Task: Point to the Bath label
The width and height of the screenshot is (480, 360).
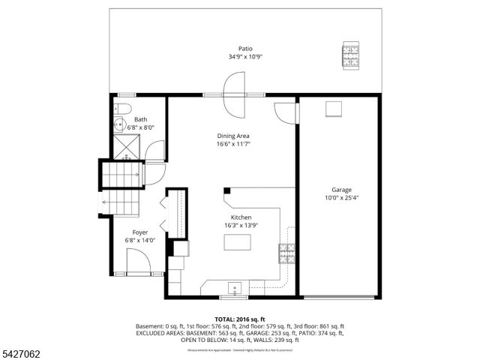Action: pyautogui.click(x=140, y=119)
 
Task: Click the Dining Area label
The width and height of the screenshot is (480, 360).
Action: pyautogui.click(x=232, y=136)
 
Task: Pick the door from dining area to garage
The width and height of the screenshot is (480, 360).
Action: pyautogui.click(x=287, y=112)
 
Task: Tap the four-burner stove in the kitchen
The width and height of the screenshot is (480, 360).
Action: pyautogui.click(x=287, y=253)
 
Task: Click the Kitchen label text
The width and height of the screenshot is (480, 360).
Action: pyautogui.click(x=241, y=217)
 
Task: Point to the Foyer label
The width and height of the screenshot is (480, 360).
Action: pyautogui.click(x=139, y=232)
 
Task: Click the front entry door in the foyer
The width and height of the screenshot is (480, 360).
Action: pyautogui.click(x=139, y=265)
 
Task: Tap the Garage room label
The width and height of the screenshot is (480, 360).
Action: pyautogui.click(x=342, y=190)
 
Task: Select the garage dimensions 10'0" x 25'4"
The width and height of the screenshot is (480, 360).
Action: pyautogui.click(x=342, y=198)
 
